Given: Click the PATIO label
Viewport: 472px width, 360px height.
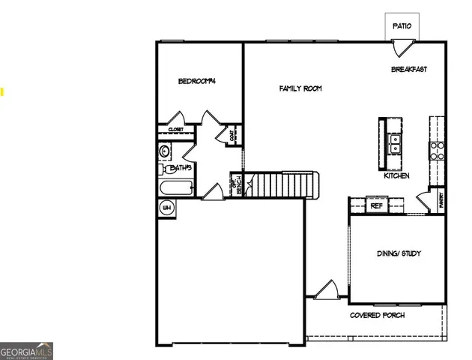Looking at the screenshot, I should pyautogui.click(x=402, y=26).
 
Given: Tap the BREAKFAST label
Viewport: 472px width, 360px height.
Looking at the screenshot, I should pyautogui.click(x=409, y=70).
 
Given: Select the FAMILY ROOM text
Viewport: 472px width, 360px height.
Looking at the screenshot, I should pyautogui.click(x=300, y=88).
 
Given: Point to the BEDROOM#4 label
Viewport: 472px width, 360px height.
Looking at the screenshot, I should pyautogui.click(x=197, y=81).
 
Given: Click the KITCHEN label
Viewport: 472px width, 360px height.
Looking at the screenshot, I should pyautogui.click(x=396, y=175).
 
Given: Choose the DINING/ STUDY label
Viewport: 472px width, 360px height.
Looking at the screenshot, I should pyautogui.click(x=399, y=253).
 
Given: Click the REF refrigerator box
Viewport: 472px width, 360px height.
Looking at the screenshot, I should pyautogui.click(x=376, y=205).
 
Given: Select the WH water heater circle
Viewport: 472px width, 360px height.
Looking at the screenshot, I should pyautogui.click(x=166, y=207).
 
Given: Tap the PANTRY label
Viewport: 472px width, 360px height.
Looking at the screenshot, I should pyautogui.click(x=441, y=201).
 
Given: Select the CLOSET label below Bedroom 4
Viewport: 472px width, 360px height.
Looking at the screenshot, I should pyautogui.click(x=176, y=130).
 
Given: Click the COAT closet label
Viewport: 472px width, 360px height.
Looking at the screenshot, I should pyautogui.click(x=232, y=136).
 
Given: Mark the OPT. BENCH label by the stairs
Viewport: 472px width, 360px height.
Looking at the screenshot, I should pyautogui.click(x=235, y=185).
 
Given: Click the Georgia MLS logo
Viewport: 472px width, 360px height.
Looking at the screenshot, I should pyautogui.click(x=26, y=351).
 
